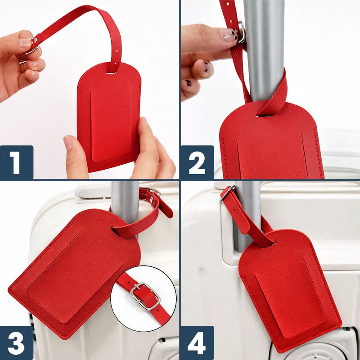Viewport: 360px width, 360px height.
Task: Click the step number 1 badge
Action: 17,162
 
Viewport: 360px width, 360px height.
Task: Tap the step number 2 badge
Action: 197,162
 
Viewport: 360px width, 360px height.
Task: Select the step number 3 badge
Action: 17,343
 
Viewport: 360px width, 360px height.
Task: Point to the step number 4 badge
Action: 197,343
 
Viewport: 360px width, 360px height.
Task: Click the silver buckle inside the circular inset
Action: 145,296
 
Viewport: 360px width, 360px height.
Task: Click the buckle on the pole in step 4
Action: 227,193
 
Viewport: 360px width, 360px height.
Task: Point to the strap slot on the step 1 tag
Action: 111,73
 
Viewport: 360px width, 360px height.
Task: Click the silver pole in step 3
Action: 125,202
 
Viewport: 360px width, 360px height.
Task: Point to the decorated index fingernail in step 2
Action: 229,35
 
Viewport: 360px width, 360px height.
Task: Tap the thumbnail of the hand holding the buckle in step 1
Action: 25,43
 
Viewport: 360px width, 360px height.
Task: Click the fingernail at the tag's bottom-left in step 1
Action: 68,142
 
